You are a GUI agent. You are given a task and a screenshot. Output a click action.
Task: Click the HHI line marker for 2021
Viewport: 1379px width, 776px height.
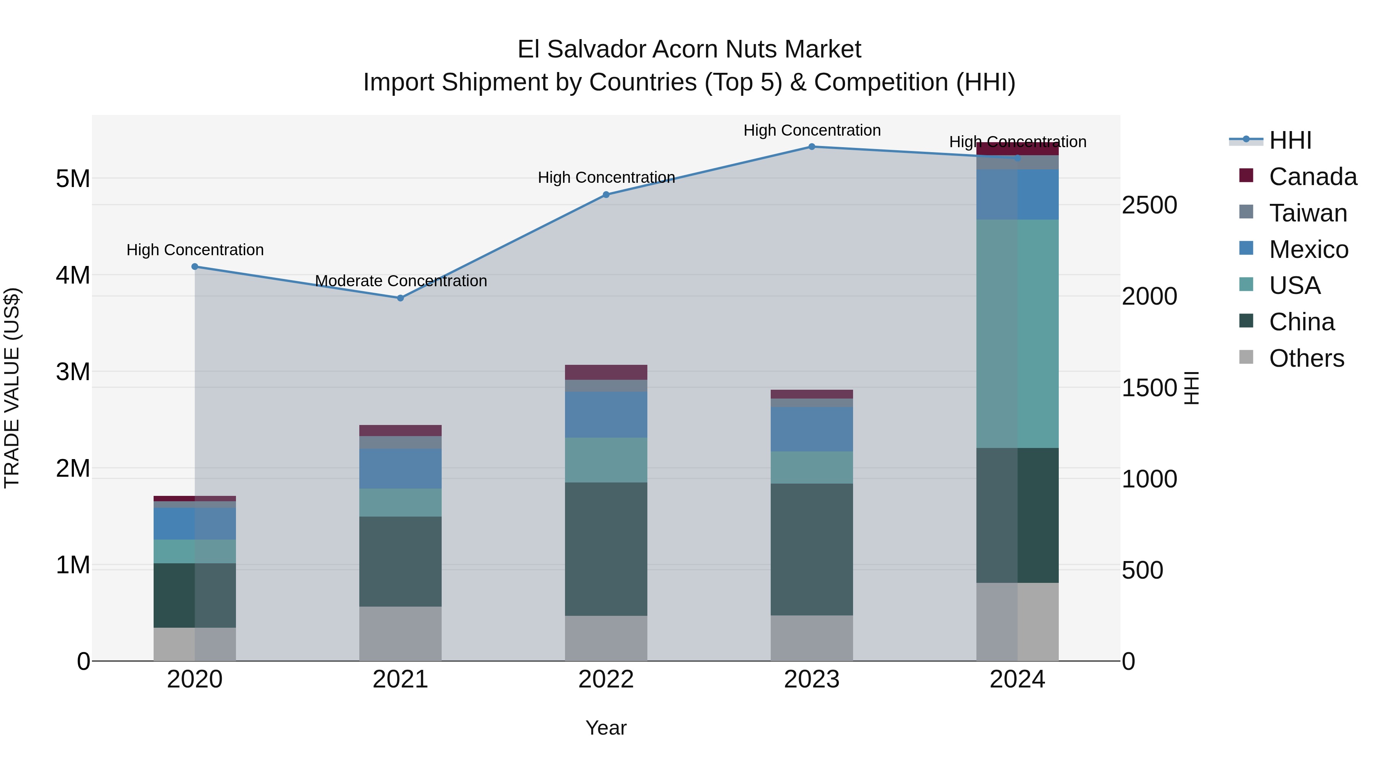tap(400, 298)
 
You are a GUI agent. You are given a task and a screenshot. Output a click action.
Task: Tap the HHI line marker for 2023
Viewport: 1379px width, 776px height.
tap(812, 147)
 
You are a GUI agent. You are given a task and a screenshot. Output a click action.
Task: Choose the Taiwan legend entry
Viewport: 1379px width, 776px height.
tap(1307, 213)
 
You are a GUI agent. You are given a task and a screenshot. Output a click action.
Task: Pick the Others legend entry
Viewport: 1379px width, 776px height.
tap(1306, 358)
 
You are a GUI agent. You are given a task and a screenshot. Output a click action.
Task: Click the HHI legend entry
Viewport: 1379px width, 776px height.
tap(1290, 140)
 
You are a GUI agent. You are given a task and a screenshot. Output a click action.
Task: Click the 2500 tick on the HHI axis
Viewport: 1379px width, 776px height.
tap(1149, 205)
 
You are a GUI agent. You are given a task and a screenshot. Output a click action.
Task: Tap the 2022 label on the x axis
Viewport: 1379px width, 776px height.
tap(606, 679)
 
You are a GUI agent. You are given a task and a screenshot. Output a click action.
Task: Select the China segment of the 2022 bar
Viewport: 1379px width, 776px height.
tap(606, 549)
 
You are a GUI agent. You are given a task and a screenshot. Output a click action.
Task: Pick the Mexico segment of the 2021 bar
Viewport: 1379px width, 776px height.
tap(400, 469)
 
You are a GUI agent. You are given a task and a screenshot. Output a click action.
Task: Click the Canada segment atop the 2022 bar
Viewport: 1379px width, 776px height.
tap(606, 372)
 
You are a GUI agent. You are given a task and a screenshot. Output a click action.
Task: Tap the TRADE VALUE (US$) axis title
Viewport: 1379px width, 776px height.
tap(12, 388)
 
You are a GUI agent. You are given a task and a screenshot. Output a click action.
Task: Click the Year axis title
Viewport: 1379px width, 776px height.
tap(606, 728)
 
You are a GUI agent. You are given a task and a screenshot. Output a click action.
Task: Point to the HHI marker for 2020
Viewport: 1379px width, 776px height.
tap(195, 267)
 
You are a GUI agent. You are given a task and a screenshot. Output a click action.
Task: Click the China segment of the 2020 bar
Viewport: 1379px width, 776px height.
tap(195, 595)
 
